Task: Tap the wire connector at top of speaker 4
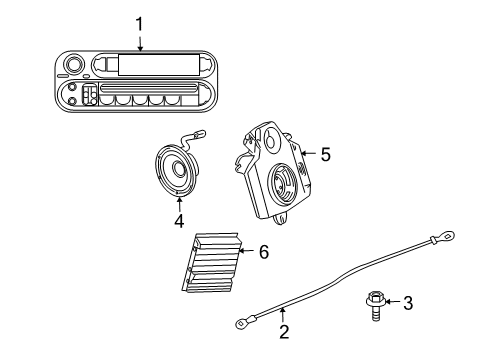click(201, 133)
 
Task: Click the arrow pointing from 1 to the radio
click(140, 42)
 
